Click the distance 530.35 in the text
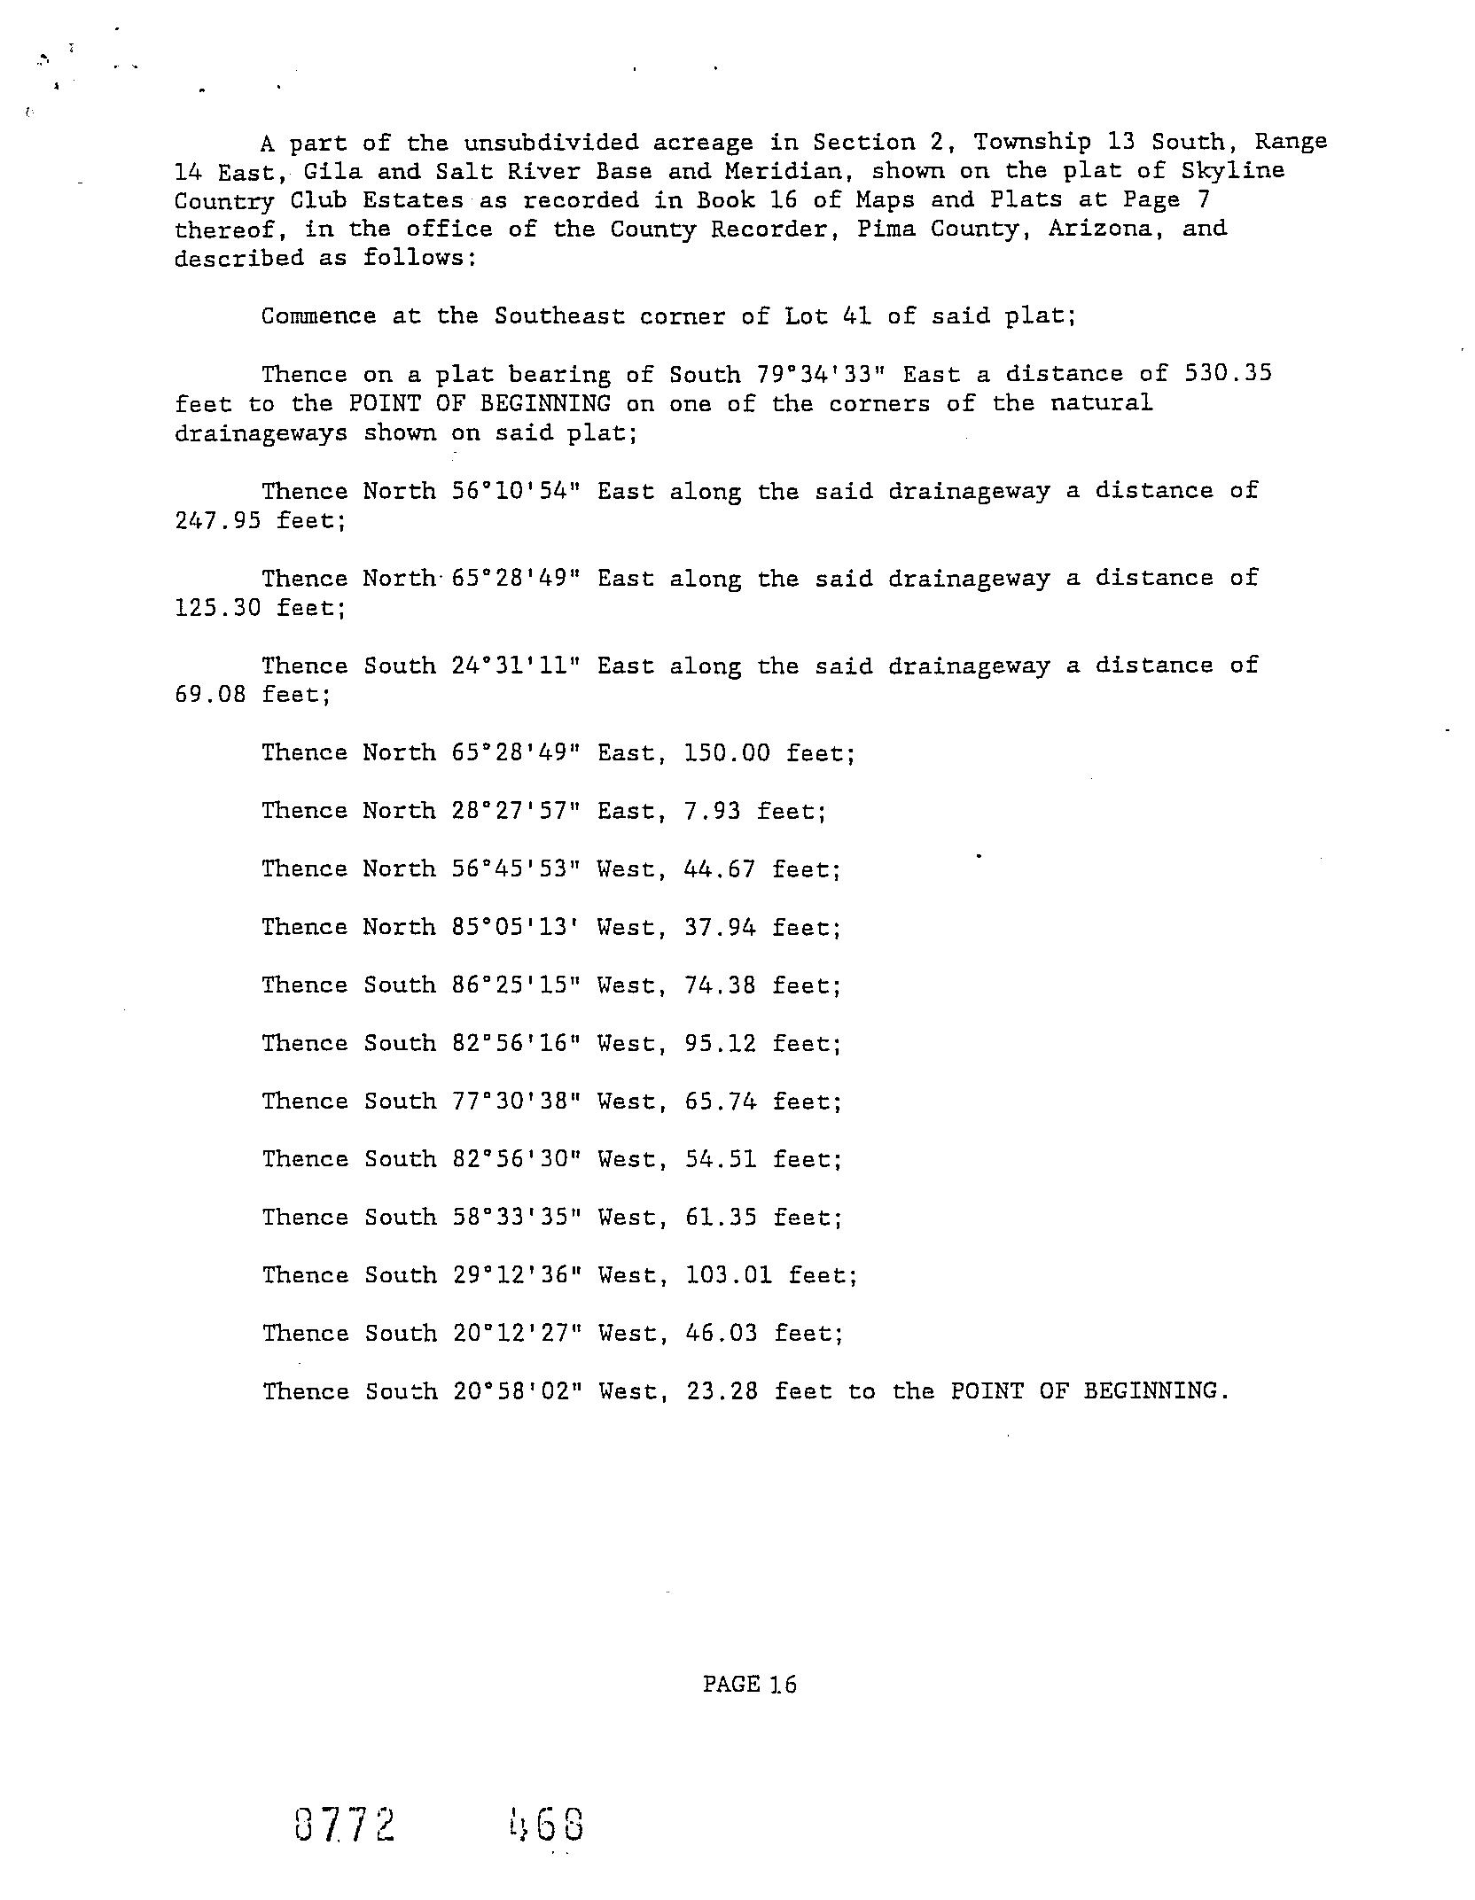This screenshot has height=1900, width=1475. point(1228,373)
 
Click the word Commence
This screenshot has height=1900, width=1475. point(318,315)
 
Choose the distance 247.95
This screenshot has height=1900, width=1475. point(217,520)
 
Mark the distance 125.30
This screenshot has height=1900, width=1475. point(217,608)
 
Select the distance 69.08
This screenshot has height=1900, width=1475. point(209,695)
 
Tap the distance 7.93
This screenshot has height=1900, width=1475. point(712,811)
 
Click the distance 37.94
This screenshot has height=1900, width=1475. point(719,927)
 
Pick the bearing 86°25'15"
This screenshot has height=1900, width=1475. point(516,985)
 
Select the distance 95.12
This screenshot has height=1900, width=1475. point(720,1043)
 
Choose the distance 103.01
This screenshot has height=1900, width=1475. point(729,1275)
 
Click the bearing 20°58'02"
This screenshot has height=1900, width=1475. point(518,1391)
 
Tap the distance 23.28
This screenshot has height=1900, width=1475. point(722,1391)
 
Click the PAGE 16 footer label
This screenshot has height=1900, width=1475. point(749,1684)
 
